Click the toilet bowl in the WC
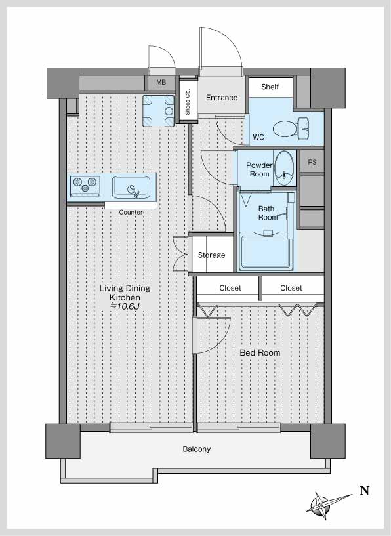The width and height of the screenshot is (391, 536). click(284, 129)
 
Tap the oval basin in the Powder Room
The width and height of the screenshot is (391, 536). click(284, 168)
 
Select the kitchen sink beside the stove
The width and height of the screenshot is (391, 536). click(131, 186)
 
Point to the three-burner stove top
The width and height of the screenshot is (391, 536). click(85, 186)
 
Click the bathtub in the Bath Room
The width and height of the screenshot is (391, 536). click(266, 251)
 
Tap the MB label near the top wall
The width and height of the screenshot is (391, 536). click(161, 83)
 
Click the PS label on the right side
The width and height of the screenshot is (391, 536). click(312, 162)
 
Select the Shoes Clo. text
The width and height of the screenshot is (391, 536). click(188, 102)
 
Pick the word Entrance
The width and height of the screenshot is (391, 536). click(222, 98)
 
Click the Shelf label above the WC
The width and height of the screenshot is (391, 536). click(270, 87)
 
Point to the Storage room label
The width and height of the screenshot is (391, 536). click(211, 255)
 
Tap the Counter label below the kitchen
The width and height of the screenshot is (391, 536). click(131, 213)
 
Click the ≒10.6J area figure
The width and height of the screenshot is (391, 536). click(125, 306)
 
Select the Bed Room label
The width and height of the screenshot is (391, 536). click(260, 353)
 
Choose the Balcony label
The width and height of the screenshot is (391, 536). click(197, 449)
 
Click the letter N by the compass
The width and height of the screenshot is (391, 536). click(365, 491)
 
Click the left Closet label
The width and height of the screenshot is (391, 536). click(230, 288)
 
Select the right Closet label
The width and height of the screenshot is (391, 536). click(291, 288)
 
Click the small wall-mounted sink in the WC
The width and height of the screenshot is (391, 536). click(304, 129)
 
